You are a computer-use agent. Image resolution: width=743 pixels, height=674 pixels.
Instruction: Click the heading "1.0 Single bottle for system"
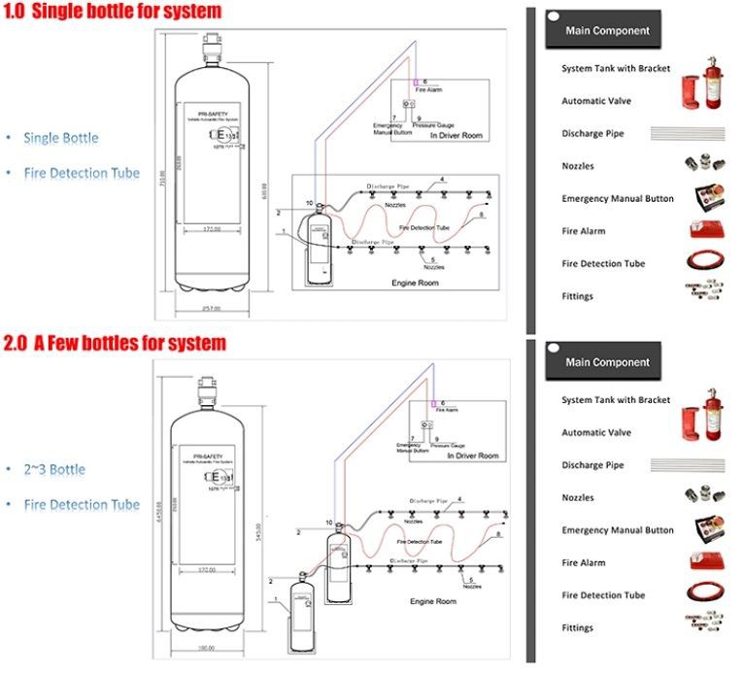[112, 12]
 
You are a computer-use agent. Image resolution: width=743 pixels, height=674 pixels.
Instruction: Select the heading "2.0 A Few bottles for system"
[115, 343]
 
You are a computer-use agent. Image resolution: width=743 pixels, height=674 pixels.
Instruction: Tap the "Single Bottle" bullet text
[61, 138]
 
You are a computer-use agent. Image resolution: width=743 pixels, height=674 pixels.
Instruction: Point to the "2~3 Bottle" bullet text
[54, 469]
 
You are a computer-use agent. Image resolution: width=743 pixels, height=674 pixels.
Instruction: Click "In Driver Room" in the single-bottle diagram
[456, 136]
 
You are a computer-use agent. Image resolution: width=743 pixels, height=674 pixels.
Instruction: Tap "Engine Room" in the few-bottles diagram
[432, 602]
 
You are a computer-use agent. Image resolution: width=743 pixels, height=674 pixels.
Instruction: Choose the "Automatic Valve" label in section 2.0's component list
[596, 432]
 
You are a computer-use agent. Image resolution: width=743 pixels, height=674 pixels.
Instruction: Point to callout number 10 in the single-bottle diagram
[309, 203]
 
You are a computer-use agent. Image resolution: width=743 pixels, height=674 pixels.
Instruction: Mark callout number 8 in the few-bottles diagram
[498, 535]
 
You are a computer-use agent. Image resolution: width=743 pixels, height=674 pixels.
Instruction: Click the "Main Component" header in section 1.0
[607, 31]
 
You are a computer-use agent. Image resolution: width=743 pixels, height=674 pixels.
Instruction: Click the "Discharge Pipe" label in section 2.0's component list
[592, 465]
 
